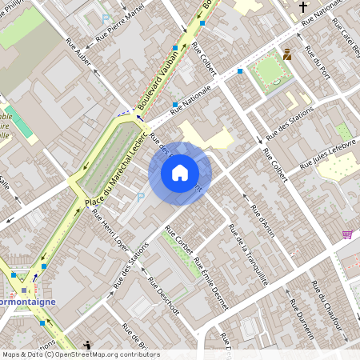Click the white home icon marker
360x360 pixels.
click(x=180, y=173)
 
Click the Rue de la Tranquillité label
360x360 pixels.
click(x=247, y=254)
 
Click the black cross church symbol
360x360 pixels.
click(x=303, y=8)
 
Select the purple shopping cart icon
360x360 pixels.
click(x=347, y=234)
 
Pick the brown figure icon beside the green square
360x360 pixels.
click(x=286, y=55)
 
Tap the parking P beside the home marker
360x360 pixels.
click(x=142, y=196)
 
